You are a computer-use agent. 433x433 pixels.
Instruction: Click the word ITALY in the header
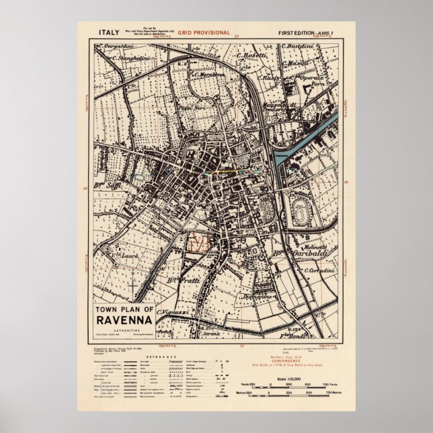(109, 32)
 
